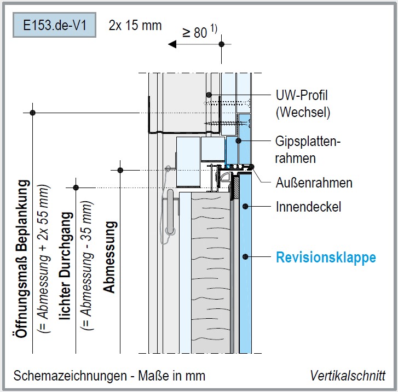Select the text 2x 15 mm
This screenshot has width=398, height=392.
point(135,25)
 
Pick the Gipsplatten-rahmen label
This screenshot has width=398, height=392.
point(307,150)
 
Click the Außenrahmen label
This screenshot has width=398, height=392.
point(314,182)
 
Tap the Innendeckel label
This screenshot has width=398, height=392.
point(309,207)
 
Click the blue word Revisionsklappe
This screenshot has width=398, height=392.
point(326,257)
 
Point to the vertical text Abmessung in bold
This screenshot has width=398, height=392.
point(109,257)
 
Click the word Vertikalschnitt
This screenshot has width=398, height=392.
point(347,376)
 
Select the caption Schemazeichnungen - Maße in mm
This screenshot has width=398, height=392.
point(109,376)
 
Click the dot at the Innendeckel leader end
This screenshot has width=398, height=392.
point(246,207)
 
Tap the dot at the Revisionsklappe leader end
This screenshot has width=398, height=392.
point(246,257)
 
